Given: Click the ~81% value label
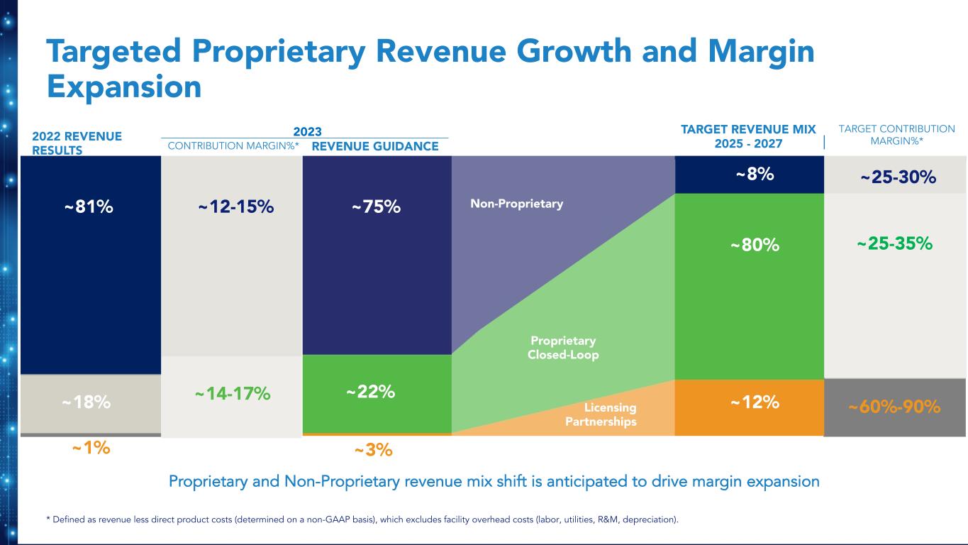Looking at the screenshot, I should click(x=89, y=207).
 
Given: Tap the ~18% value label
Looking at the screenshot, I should click(x=86, y=402).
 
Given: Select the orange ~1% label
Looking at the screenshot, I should click(x=91, y=448).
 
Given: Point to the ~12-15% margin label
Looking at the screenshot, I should click(x=235, y=207).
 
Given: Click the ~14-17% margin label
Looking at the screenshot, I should click(x=233, y=393).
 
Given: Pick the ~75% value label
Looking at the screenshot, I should click(x=376, y=207).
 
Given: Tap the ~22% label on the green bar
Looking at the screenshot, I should click(x=370, y=392).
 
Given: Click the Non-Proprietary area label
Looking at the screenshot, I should click(x=516, y=204).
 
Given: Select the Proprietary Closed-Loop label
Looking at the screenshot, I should click(x=563, y=348).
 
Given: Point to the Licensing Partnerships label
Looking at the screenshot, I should click(x=601, y=414).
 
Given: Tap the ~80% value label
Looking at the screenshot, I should click(x=755, y=246).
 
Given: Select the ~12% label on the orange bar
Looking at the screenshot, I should click(x=755, y=402).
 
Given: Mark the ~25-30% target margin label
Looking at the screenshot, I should click(x=899, y=177).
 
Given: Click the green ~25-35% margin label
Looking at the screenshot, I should click(x=894, y=244).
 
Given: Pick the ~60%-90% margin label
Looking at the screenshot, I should click(x=894, y=407).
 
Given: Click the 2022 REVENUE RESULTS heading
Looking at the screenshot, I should click(x=77, y=143).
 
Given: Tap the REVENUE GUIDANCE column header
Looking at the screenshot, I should click(x=375, y=146).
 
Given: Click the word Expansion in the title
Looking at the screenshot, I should click(x=124, y=87).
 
